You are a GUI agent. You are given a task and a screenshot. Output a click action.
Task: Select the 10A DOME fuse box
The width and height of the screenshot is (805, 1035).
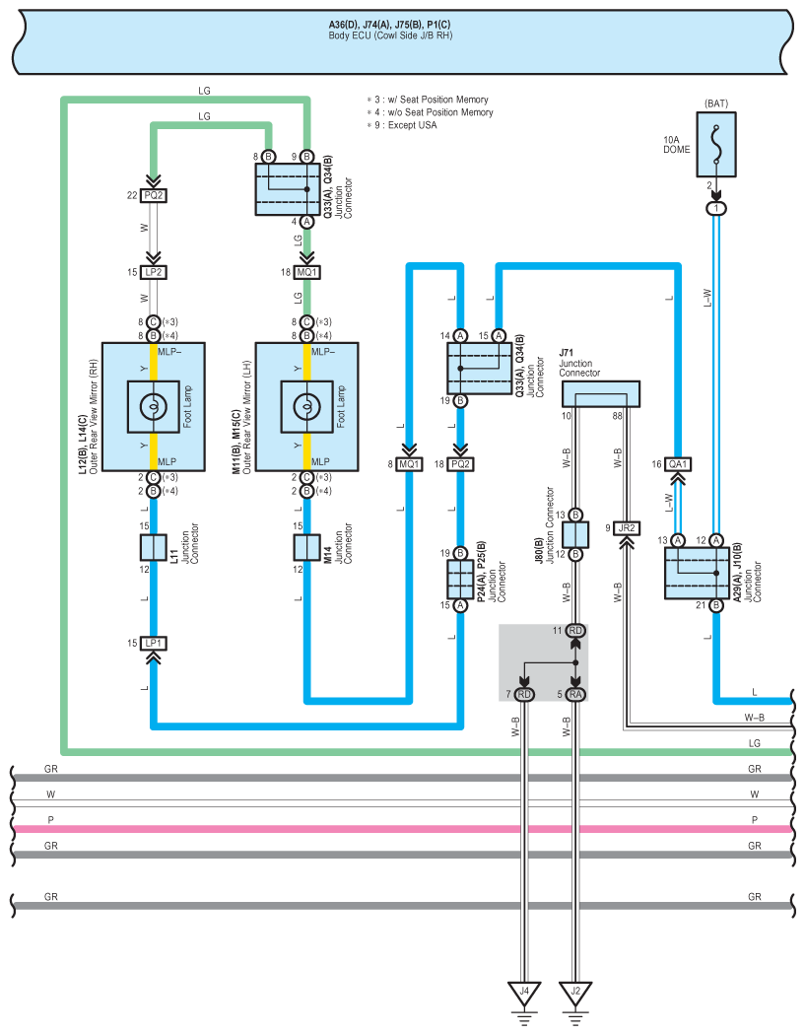click(716, 142)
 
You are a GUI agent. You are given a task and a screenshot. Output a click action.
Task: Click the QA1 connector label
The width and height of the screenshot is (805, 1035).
click(678, 463)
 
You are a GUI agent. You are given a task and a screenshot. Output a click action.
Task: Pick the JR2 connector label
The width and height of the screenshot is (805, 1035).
click(626, 528)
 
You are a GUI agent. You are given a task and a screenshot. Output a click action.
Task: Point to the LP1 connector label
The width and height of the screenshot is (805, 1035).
click(153, 643)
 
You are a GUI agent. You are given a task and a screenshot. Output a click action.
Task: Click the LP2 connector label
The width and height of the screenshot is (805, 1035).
click(153, 272)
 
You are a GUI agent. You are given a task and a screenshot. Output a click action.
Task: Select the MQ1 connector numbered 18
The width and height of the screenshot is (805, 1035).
click(306, 272)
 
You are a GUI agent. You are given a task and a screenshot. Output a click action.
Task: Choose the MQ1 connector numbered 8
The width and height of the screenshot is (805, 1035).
click(409, 463)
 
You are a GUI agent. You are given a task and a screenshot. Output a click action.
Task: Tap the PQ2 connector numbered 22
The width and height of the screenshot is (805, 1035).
click(153, 195)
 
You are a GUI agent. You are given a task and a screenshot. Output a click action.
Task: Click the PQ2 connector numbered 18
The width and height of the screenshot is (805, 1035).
click(460, 463)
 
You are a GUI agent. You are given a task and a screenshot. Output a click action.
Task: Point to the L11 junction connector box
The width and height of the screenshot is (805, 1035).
click(153, 547)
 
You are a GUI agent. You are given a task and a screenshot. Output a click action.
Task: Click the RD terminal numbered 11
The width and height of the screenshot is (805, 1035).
click(575, 630)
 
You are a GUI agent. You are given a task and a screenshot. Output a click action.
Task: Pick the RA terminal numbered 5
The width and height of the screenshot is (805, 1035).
click(575, 695)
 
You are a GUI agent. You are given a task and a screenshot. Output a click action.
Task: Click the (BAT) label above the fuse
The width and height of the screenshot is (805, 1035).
click(715, 103)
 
